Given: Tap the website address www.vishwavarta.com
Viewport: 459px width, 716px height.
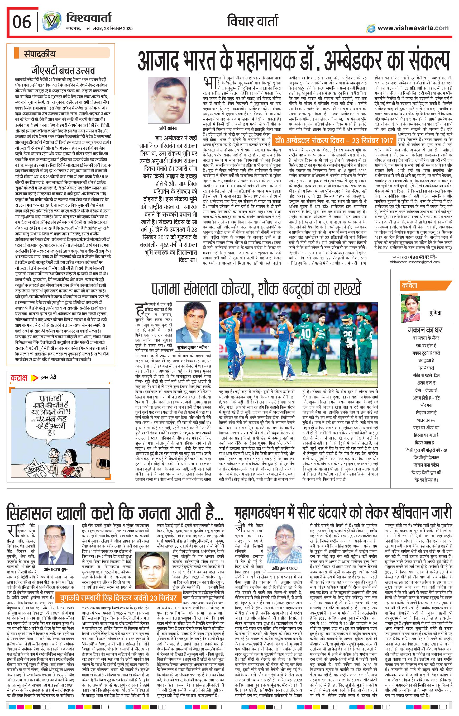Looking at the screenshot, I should [x=413, y=28].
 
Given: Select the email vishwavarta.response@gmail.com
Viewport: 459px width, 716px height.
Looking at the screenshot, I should [x=415, y=262].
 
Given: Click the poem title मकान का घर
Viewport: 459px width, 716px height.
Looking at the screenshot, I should [x=425, y=330].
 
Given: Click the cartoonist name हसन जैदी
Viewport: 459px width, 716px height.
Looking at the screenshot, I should [x=48, y=378].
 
